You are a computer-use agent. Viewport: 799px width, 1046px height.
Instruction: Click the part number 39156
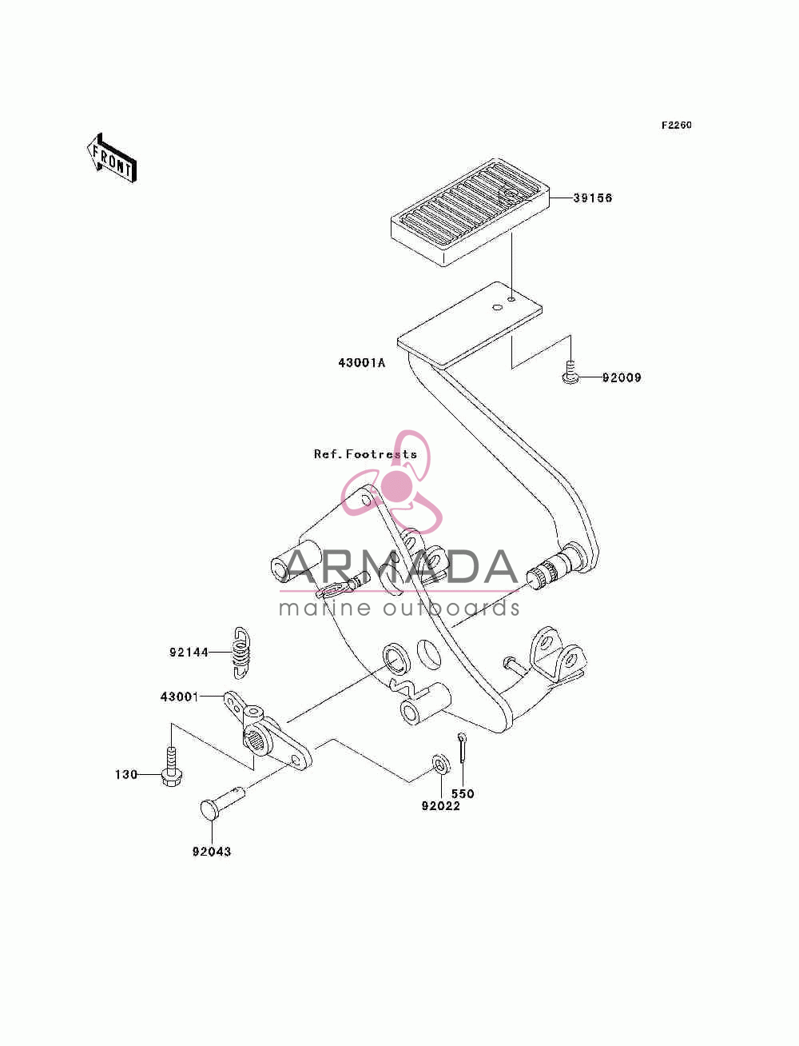[x=592, y=198]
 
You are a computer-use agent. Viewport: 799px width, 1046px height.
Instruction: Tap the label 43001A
[x=362, y=363]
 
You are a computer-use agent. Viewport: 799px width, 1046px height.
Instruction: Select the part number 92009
[x=622, y=377]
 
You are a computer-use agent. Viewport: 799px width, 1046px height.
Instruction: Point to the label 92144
[x=189, y=652]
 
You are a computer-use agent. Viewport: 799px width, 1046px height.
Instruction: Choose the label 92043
[x=212, y=851]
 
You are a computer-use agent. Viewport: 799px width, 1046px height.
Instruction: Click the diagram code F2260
[x=676, y=125]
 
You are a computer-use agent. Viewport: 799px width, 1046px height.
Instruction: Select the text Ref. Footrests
[x=365, y=454]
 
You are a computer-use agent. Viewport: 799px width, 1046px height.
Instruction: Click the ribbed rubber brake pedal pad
[x=470, y=211]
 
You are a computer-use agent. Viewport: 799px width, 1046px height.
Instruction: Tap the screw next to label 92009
[x=570, y=372]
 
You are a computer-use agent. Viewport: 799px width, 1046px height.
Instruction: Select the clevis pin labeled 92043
[x=221, y=801]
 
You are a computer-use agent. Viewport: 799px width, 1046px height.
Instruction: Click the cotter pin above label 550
[x=463, y=749]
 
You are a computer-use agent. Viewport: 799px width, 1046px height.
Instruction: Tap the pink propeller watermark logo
[x=392, y=481]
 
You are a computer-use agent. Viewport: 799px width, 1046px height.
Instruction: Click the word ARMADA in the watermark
[x=399, y=567]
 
